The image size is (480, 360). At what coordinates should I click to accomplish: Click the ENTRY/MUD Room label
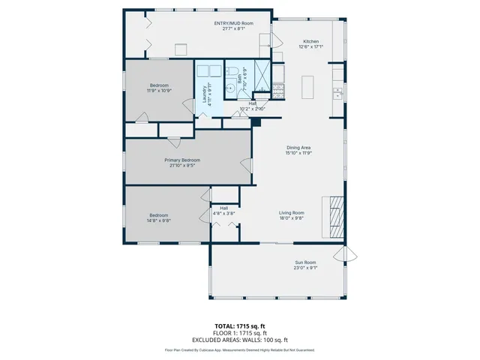(233, 23)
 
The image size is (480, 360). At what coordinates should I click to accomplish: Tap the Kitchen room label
(310, 41)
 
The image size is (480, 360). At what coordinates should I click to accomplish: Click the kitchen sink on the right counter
(338, 93)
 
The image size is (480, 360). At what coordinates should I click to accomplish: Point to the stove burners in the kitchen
(277, 91)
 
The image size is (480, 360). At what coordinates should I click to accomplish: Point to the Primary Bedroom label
(182, 160)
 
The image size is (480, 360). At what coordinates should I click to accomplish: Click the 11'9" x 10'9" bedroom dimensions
(158, 90)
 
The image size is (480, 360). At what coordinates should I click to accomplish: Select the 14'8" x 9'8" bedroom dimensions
(158, 220)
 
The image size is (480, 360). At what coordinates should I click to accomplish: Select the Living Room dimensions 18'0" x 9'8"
(292, 218)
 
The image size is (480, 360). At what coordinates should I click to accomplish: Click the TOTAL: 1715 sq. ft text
(239, 326)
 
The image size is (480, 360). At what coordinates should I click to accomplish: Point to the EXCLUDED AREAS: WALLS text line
(239, 340)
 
